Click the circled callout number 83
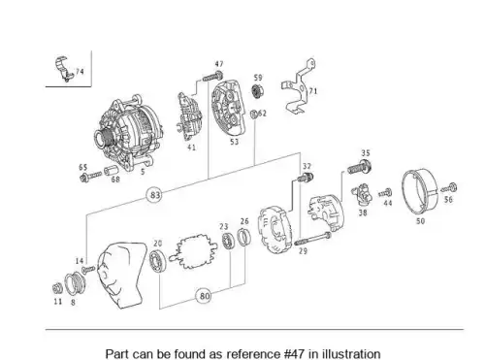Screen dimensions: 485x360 pyautogui.click(x=155, y=195)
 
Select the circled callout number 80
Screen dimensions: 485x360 pyautogui.click(x=205, y=296)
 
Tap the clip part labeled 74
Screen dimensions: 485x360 pyautogui.click(x=63, y=70)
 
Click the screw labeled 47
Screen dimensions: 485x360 pyautogui.click(x=212, y=77)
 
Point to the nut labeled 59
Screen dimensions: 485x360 pyautogui.click(x=257, y=90)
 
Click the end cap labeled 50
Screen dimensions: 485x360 pyautogui.click(x=419, y=193)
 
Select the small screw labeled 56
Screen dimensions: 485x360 pyautogui.click(x=450, y=187)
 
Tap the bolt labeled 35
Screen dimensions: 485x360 pyautogui.click(x=360, y=167)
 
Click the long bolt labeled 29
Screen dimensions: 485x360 pyautogui.click(x=312, y=239)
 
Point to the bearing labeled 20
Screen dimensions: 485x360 pyautogui.click(x=158, y=261)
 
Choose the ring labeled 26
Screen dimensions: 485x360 pyautogui.click(x=244, y=237)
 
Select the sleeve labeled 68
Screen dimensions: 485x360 pyautogui.click(x=111, y=171)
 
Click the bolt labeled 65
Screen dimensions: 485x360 pyautogui.click(x=90, y=177)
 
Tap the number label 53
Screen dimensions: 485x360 pyautogui.click(x=234, y=142)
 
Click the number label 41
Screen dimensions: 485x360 pyautogui.click(x=191, y=147)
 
